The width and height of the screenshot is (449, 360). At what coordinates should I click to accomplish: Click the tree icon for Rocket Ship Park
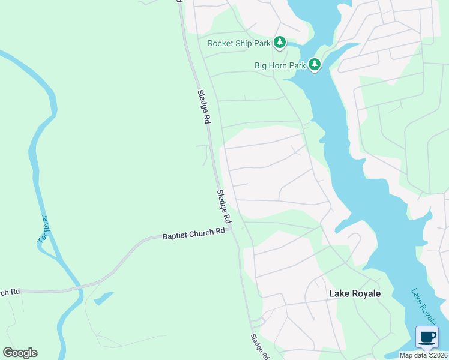coord(279,43)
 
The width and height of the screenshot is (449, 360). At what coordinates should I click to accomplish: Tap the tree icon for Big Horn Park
coord(314,65)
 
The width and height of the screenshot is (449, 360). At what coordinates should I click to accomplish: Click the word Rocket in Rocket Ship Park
coord(221,43)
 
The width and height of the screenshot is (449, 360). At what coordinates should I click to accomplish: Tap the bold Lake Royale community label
coord(354,293)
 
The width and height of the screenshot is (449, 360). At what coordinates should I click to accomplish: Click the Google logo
coord(20,352)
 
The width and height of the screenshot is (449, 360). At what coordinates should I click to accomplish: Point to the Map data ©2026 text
coord(423,355)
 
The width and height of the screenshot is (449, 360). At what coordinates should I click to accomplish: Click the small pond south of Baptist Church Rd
coord(103,298)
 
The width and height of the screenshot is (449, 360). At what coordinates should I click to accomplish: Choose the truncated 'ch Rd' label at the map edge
coord(10,292)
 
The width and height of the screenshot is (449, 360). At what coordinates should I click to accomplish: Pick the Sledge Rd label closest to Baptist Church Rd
coord(224,208)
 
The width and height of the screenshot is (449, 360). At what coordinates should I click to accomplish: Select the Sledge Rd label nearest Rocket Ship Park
coord(203,107)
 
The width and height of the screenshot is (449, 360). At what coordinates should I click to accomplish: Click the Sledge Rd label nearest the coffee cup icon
coord(259,347)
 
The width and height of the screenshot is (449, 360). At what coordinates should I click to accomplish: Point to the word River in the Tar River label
coord(44,224)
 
